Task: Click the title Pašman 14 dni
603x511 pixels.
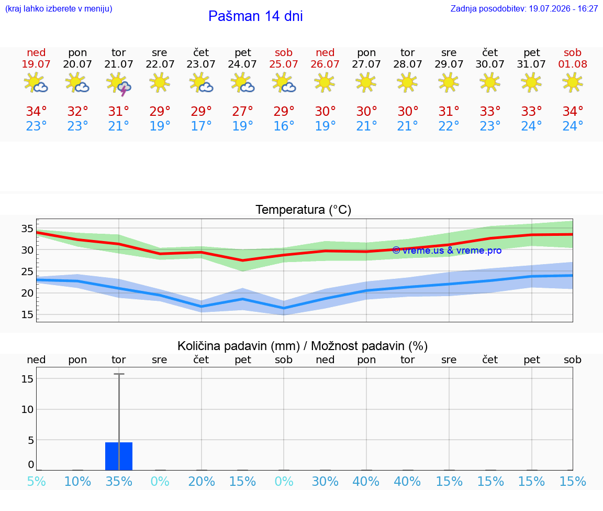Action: (255, 16)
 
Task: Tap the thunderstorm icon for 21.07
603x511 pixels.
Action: (119, 83)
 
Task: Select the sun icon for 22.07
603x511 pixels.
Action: (160, 82)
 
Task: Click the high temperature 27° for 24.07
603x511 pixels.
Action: (242, 111)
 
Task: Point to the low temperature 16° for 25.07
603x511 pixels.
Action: (284, 126)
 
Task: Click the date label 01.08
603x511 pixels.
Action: (573, 64)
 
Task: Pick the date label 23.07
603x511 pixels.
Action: (201, 64)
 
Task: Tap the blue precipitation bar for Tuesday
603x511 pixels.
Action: (119, 456)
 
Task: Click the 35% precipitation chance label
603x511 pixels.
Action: (119, 482)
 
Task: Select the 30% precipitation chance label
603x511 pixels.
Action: (325, 482)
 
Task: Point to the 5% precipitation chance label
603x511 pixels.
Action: (37, 482)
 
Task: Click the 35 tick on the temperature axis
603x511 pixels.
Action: (27, 229)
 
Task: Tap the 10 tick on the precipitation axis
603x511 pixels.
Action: (27, 409)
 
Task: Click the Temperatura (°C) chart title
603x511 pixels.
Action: (304, 210)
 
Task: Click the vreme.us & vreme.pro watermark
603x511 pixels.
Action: (447, 251)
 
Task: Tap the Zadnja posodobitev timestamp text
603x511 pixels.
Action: (524, 9)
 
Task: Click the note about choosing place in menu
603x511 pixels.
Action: (59, 9)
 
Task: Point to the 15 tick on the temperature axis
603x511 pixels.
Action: (27, 314)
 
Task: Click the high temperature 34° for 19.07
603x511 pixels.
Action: (36, 111)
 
